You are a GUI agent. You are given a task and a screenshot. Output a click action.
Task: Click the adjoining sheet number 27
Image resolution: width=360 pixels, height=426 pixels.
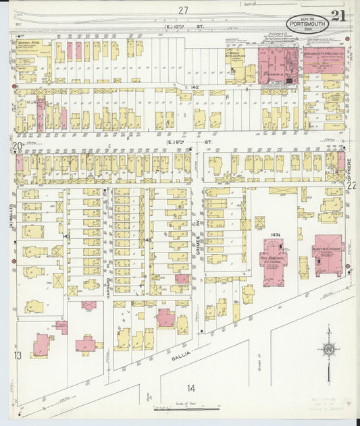pyautogui.click(x=182, y=10)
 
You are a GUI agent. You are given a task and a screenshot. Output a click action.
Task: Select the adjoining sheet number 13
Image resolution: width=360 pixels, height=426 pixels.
pyautogui.click(x=18, y=355)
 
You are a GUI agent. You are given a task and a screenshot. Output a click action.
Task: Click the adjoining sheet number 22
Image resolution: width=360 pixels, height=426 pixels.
pyautogui.click(x=351, y=184)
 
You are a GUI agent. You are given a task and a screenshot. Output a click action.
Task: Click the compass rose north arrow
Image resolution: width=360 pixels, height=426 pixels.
pyautogui.click(x=328, y=350)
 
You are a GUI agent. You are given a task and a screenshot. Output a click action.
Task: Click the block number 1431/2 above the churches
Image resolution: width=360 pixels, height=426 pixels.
pyautogui.click(x=276, y=234)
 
